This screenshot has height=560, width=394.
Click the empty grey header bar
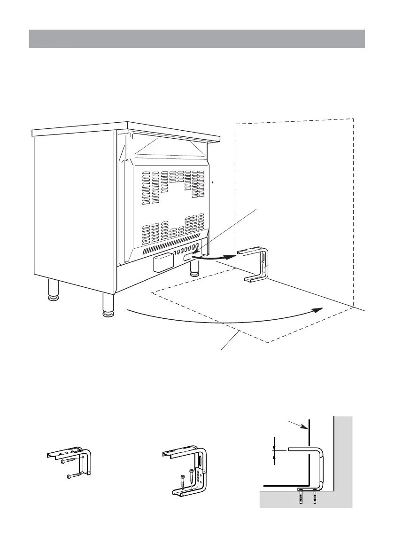click(197, 39)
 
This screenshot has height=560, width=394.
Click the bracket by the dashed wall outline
click(256, 265)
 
